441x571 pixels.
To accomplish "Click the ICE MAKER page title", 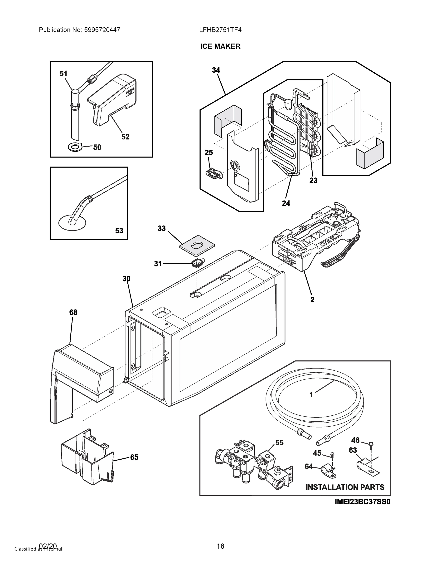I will click(x=220, y=46).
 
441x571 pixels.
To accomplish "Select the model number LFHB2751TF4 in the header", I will click(x=220, y=30).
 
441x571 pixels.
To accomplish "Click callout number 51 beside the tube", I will click(x=63, y=74).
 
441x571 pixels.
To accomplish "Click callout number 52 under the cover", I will click(x=125, y=137).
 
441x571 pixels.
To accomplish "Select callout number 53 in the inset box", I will click(x=119, y=231).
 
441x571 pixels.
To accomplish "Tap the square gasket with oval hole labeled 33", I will click(x=197, y=246).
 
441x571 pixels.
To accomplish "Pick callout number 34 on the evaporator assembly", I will click(x=216, y=70).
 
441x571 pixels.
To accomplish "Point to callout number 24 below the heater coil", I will click(x=286, y=203).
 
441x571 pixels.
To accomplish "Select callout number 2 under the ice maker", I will click(x=312, y=300).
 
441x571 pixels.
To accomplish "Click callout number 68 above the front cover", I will click(x=73, y=312).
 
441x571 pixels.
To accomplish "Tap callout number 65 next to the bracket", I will click(x=134, y=457).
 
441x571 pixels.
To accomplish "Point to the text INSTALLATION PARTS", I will click(x=345, y=487).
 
